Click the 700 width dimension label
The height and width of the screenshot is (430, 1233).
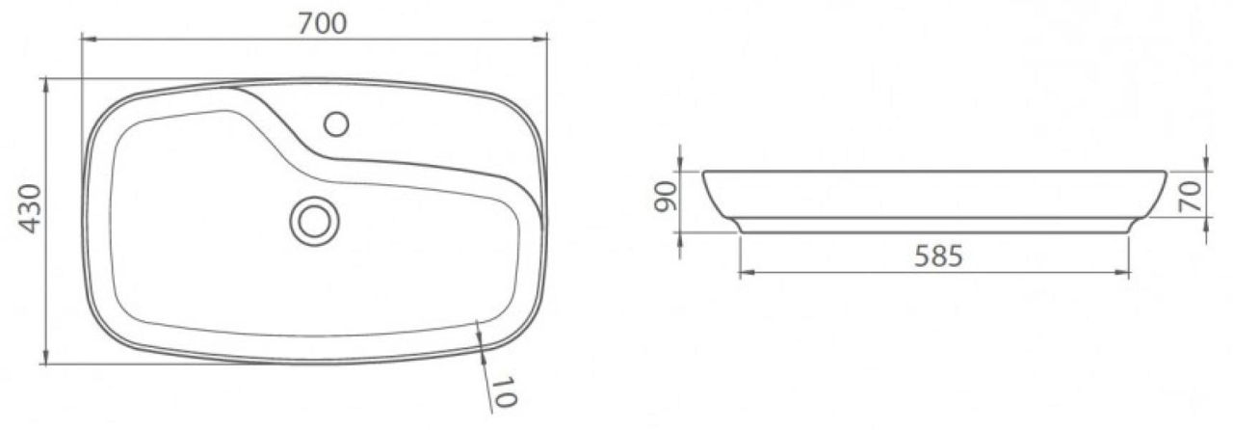click(x=323, y=24)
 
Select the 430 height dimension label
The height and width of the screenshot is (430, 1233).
click(x=30, y=208)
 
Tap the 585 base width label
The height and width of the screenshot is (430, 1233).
click(x=938, y=256)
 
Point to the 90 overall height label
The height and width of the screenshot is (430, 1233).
click(x=665, y=197)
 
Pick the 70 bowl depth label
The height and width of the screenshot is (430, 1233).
click(x=1190, y=197)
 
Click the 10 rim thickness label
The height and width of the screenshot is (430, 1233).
click(x=503, y=392)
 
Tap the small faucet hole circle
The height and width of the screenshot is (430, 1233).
click(x=336, y=124)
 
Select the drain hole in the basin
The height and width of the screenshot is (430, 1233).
click(x=314, y=221)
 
